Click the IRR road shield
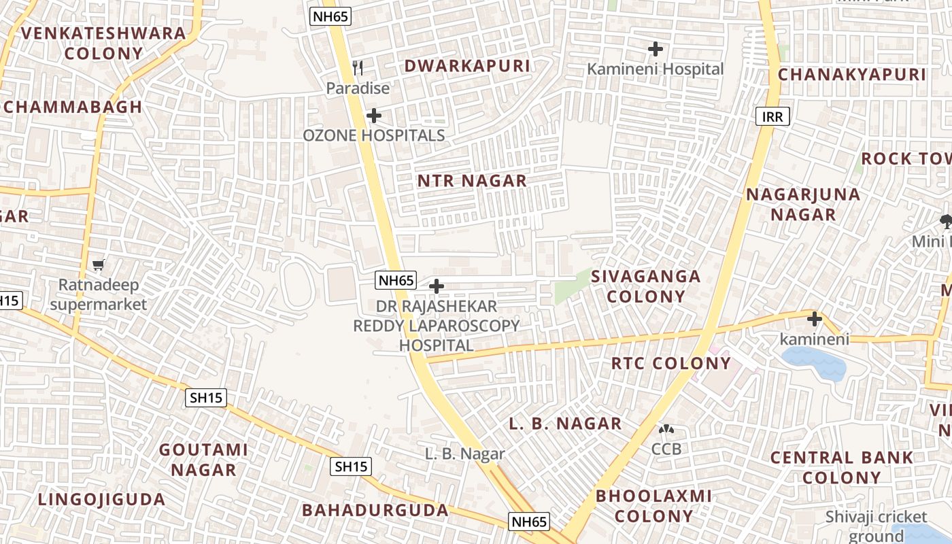click(x=772, y=116)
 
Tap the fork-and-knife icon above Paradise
click(x=358, y=67)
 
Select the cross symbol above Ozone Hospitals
click(x=373, y=116)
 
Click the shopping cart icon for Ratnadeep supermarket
click(x=99, y=265)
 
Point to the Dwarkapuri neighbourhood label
click(x=466, y=66)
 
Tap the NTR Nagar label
click(x=472, y=181)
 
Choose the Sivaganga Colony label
click(x=645, y=286)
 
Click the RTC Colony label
click(x=670, y=363)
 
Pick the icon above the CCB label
click(x=666, y=430)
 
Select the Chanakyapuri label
click(x=852, y=75)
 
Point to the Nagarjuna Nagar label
click(x=803, y=205)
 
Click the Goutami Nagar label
click(x=203, y=460)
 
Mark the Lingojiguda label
click(x=101, y=500)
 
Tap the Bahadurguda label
click(x=375, y=510)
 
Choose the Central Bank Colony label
click(x=841, y=467)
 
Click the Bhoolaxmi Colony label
click(x=653, y=505)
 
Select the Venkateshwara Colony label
click(x=103, y=43)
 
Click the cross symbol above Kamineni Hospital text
click(x=656, y=49)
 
